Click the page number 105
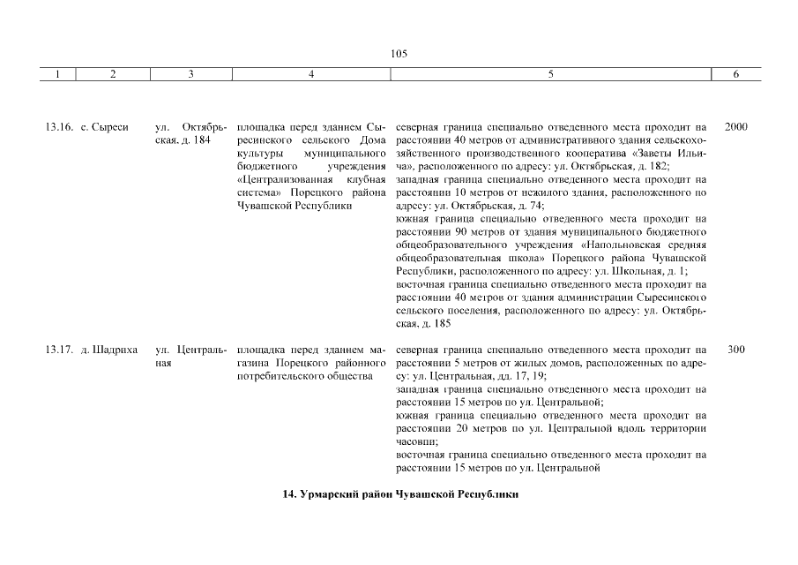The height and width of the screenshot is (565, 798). click(x=399, y=53)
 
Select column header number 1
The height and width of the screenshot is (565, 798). click(x=57, y=75)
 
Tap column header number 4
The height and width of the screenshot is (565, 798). click(x=311, y=75)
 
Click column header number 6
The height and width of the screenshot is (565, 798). click(x=736, y=75)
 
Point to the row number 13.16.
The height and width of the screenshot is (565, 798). click(x=58, y=127)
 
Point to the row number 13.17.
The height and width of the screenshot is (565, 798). click(x=58, y=350)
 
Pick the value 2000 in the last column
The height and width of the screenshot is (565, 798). click(x=735, y=127)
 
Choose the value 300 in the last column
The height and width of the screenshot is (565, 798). click(x=735, y=350)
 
